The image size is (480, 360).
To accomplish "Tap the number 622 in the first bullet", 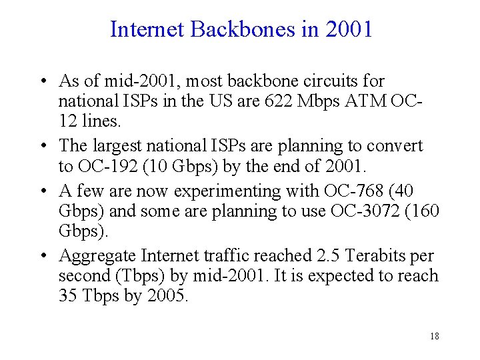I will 276,102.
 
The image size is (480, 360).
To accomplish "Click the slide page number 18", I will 434,337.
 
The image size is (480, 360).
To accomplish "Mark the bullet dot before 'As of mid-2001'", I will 42,82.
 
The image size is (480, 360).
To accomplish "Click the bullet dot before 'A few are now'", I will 42,192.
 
